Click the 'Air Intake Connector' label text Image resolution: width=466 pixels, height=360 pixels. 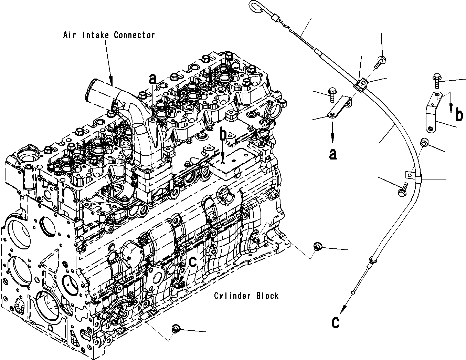point(109,35)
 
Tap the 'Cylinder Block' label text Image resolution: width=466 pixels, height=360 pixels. point(246,296)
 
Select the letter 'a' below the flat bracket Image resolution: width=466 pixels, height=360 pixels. point(332,154)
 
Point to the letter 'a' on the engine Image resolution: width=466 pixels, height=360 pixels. point(153,79)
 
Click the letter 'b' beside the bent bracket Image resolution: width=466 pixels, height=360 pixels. point(459,115)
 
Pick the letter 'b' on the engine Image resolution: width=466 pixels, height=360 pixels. point(224,135)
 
